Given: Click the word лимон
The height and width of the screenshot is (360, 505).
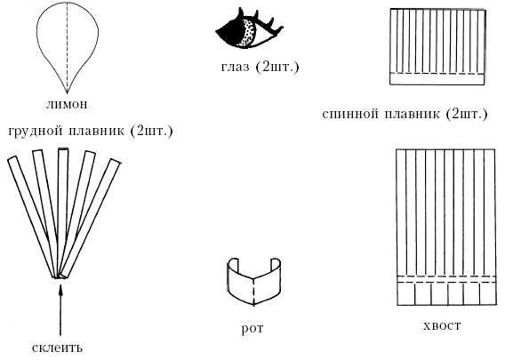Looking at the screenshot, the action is click(x=67, y=104).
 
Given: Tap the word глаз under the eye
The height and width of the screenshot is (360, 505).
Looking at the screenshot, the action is click(x=235, y=67).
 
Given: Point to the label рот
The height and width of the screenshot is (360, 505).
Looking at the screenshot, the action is click(x=252, y=328).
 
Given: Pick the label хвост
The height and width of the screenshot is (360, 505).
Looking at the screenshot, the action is click(x=442, y=325).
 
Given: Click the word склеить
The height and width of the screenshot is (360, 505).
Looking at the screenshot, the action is click(x=57, y=348).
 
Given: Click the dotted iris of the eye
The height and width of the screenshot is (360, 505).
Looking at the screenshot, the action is click(x=248, y=34).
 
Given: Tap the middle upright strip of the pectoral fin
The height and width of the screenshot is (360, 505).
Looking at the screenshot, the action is click(x=61, y=212).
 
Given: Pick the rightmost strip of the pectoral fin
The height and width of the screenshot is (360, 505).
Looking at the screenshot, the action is click(x=91, y=218).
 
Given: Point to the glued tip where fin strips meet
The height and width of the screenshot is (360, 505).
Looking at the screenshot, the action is click(x=59, y=277).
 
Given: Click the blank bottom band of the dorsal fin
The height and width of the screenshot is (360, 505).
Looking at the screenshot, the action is click(x=437, y=79).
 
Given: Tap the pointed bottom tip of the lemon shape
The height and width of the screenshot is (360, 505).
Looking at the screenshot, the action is click(x=67, y=93).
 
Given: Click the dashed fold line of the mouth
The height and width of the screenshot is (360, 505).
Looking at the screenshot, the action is click(x=253, y=292).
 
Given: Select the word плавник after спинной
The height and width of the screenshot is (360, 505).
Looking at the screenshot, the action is click(x=413, y=114).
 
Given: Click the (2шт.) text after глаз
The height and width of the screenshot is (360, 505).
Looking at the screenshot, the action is click(x=277, y=67).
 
